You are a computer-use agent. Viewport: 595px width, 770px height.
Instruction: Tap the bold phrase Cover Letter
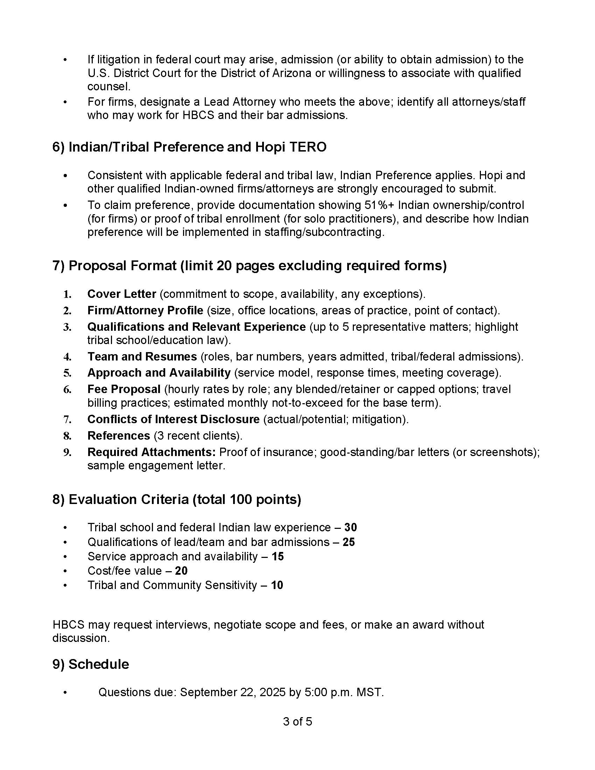pyautogui.click(x=121, y=294)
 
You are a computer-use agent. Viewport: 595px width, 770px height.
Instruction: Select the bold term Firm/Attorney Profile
pyautogui.click(x=145, y=310)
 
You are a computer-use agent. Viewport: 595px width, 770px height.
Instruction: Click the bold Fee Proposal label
pyautogui.click(x=124, y=389)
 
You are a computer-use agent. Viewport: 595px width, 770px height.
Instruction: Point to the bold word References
pyautogui.click(x=118, y=435)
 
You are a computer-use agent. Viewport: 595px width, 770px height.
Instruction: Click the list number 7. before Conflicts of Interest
pyautogui.click(x=67, y=419)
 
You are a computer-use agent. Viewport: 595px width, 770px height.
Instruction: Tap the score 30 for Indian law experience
pyautogui.click(x=350, y=527)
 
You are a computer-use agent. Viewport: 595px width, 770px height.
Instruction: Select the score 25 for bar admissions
pyautogui.click(x=348, y=541)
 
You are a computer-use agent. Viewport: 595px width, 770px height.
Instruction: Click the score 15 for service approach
pyautogui.click(x=278, y=556)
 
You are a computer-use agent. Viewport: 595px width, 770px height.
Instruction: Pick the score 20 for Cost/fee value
pyautogui.click(x=181, y=570)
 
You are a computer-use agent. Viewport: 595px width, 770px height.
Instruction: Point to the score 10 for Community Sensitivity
pyautogui.click(x=277, y=585)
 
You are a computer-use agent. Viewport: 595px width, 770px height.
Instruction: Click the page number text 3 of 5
pyautogui.click(x=297, y=721)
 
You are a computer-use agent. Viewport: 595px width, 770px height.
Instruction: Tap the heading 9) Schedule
pyautogui.click(x=91, y=664)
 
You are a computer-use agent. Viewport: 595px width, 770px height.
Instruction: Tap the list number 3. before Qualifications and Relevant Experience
pyautogui.click(x=67, y=327)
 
